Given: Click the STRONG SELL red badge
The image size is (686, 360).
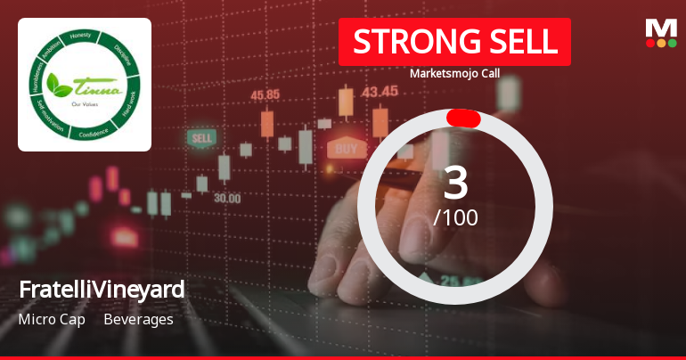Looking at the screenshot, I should (454, 42).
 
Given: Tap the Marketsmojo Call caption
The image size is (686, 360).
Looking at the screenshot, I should (454, 73).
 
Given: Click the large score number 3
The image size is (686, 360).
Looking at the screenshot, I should (455, 183).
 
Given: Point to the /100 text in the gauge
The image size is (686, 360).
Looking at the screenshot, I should (455, 217).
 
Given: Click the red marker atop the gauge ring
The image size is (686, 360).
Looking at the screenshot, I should (463, 119).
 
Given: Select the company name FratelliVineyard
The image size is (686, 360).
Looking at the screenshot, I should (102, 290).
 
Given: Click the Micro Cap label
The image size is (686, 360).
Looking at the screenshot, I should (52, 319).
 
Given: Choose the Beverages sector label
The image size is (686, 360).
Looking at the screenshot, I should (138, 319).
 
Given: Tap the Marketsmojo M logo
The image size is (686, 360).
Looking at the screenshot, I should (660, 33).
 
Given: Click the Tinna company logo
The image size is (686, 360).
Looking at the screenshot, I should (85, 85).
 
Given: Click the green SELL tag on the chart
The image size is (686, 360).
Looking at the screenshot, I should (201, 138).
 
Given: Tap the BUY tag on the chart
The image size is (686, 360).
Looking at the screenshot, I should (347, 147).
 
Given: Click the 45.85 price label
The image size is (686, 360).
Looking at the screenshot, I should (265, 94).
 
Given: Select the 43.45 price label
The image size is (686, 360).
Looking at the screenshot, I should (380, 90).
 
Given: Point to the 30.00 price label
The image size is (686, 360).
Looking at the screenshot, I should (226, 198).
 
